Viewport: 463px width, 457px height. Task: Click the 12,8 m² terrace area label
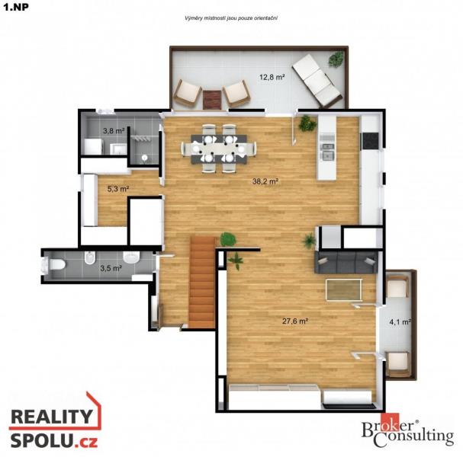coord(272,77)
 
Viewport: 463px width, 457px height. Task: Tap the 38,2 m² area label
coord(265,181)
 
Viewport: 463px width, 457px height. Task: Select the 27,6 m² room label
coord(295,321)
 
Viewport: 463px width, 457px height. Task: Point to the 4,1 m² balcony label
coord(400,322)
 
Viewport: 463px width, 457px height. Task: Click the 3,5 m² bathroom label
coord(111,268)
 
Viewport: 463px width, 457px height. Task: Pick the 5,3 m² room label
coord(118,189)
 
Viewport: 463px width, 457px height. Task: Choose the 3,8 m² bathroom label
coord(114,130)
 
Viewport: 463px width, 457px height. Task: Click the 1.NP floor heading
coord(16,7)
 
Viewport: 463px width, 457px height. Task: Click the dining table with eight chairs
coord(219,149)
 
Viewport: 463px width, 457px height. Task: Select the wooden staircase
coord(203,282)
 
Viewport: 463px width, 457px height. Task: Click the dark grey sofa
coord(346,262)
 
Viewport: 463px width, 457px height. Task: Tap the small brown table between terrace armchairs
coord(212,100)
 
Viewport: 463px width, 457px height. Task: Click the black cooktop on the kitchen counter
coord(370,141)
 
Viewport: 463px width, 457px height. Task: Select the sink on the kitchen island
coord(328,151)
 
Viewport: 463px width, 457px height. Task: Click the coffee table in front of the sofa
coord(344,289)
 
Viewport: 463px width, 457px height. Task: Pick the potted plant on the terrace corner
coord(336,59)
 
